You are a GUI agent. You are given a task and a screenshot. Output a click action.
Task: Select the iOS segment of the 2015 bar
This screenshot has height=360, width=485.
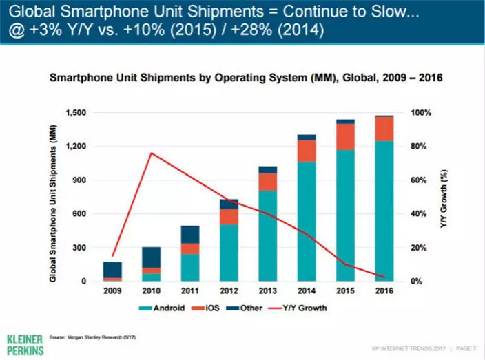pos(345,136)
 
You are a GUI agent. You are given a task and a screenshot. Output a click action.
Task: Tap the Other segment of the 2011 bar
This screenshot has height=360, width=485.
pos(189,235)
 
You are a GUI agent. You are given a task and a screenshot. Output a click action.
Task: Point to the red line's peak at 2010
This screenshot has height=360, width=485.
pos(151,153)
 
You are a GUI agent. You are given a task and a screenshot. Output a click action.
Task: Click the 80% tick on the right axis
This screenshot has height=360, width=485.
pos(420,147)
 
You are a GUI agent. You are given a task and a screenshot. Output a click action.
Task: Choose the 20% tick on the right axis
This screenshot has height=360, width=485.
pos(420,248)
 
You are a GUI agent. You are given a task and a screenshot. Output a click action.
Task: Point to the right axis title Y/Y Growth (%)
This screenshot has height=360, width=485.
pos(444,197)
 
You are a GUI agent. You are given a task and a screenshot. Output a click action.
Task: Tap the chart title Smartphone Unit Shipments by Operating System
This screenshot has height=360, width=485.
pos(245,79)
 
